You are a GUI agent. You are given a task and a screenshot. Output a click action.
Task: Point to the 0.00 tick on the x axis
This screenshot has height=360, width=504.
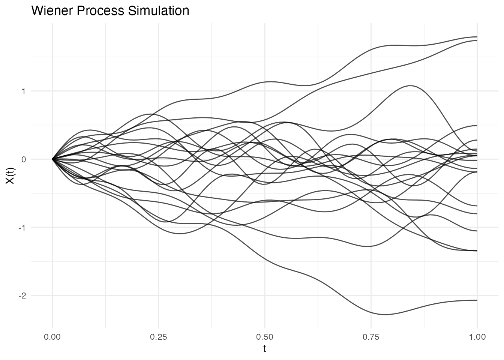[x=52, y=337]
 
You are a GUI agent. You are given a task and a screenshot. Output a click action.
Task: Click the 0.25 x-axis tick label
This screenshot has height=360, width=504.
[x=158, y=337]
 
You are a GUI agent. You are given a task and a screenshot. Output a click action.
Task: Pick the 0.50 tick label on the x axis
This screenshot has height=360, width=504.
[x=265, y=337]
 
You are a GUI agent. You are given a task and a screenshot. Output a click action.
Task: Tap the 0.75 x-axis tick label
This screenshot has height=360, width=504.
[x=371, y=337]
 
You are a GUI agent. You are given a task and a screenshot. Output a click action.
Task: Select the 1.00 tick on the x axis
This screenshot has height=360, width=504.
[x=477, y=337]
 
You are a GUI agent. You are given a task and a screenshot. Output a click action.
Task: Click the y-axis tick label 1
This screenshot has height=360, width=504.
[x=23, y=91]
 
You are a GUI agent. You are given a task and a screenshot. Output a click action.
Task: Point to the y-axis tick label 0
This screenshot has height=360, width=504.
[x=23, y=159]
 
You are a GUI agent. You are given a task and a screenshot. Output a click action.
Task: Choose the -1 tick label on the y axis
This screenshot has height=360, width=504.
[x=22, y=228]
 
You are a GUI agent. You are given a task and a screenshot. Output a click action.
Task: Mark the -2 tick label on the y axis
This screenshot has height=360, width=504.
[x=22, y=295]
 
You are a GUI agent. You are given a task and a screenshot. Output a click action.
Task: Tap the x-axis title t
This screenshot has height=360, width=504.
[x=265, y=349]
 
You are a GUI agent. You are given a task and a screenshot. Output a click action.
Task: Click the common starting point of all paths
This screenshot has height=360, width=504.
[x=52, y=159]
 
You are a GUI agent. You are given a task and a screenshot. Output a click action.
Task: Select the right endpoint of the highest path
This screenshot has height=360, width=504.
[x=477, y=37]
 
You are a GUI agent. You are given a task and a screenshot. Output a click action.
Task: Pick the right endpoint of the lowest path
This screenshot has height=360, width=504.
[x=477, y=300]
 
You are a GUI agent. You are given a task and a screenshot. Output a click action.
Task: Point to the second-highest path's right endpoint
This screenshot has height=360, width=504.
[x=477, y=40]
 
